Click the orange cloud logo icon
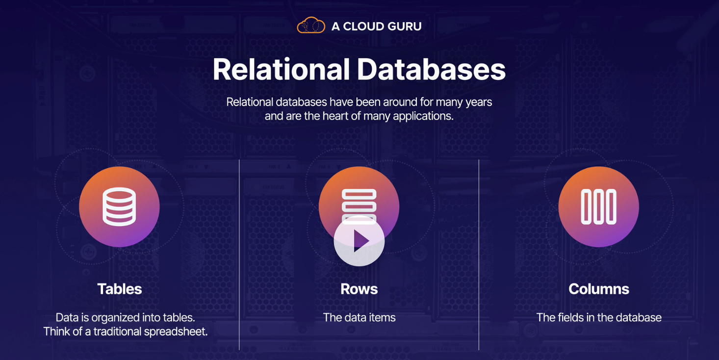coord(311,26)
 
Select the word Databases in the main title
coord(431,70)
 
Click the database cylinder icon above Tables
coord(119,206)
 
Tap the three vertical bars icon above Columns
coord(598,206)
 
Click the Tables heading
coord(119,289)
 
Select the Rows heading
coord(359,289)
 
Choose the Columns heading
coord(598,289)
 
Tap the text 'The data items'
coord(359,317)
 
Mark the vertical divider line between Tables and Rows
coord(239,255)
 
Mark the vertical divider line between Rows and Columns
coord(479,255)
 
